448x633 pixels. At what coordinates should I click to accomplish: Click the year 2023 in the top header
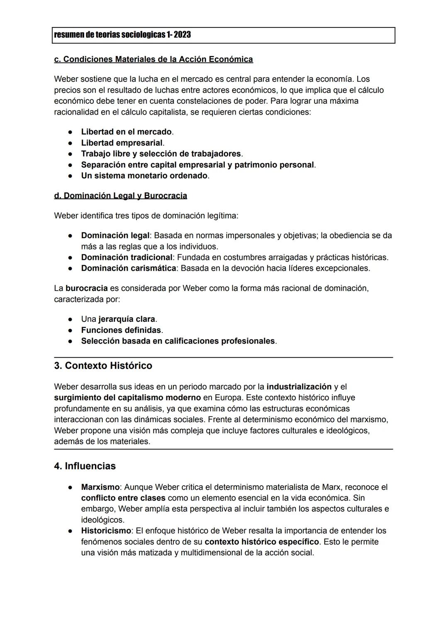182,35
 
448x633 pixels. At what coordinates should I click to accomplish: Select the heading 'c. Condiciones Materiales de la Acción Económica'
153,59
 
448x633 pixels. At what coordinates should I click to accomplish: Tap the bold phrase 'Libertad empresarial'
122,143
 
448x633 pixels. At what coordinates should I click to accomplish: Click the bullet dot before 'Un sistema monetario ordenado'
71,176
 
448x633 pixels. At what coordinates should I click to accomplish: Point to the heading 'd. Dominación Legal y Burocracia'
120,196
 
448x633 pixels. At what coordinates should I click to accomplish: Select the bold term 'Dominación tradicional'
127,257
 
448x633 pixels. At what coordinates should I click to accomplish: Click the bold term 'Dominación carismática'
128,268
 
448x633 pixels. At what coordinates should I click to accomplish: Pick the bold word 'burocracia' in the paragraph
86,288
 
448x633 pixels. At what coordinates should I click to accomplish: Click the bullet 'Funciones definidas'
121,330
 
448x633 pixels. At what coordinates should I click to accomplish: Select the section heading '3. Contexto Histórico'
103,366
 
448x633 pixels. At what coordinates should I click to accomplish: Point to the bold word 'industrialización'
299,387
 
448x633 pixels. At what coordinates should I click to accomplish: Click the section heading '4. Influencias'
85,466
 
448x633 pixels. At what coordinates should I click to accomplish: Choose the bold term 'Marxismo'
100,487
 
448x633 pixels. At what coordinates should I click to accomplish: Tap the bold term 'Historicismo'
106,531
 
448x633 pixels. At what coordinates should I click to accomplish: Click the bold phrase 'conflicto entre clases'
123,498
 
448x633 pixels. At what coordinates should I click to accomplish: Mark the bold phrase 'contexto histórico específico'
261,542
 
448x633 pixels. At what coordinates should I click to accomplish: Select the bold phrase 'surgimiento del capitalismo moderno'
127,398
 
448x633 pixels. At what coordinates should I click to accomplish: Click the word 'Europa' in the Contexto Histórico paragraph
228,398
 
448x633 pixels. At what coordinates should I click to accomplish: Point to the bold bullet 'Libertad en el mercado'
126,132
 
